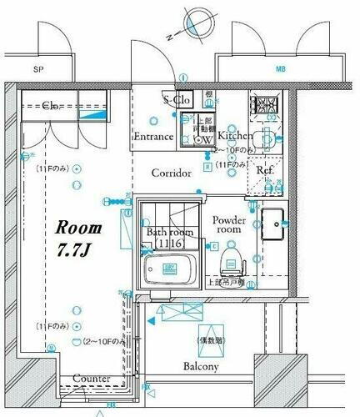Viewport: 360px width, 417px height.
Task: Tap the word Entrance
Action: pyautogui.click(x=153, y=137)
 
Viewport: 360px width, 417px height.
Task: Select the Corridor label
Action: pyautogui.click(x=172, y=173)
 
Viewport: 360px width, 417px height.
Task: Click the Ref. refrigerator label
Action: pyautogui.click(x=266, y=170)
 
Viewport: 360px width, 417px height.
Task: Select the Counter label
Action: pyautogui.click(x=92, y=379)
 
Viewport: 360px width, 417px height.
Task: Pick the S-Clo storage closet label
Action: pyautogui.click(x=178, y=100)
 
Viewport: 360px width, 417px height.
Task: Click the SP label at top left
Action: pyautogui.click(x=38, y=70)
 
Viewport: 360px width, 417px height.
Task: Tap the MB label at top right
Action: pyautogui.click(x=279, y=70)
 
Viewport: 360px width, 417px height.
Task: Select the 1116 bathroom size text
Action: pyautogui.click(x=169, y=244)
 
